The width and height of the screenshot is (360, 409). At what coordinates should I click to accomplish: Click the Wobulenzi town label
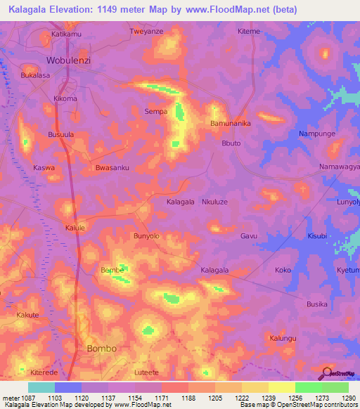point(69,60)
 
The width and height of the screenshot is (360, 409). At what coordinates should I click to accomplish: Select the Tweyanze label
point(146,32)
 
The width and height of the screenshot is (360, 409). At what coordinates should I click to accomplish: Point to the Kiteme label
point(249,32)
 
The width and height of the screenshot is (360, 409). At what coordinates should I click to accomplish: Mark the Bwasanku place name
point(112,168)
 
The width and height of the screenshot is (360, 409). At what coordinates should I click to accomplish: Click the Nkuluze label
point(217,202)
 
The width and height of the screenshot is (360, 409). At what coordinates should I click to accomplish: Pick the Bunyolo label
point(148,236)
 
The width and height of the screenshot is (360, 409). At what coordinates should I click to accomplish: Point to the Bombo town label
point(101,349)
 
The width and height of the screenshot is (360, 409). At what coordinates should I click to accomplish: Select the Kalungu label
point(283,339)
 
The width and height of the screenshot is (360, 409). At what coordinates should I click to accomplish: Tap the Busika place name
point(317,304)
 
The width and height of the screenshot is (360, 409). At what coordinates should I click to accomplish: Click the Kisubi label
point(317,236)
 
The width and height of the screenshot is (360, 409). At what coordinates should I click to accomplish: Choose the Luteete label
point(148,372)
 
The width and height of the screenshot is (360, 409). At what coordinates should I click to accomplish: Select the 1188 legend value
point(188,398)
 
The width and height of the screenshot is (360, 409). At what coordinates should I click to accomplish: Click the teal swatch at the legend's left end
point(41,387)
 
